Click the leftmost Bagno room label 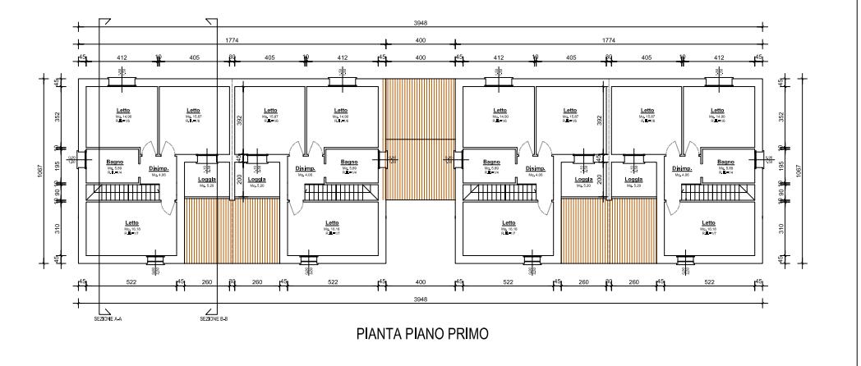click(114, 162)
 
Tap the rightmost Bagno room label click(725, 162)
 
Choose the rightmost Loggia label click(633, 179)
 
